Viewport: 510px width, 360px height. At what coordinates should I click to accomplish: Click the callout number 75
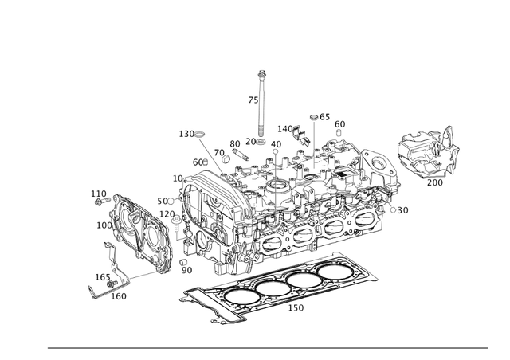click(253, 100)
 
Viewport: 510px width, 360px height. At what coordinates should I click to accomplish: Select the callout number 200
click(435, 182)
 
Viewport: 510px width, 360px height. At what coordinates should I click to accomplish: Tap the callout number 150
click(296, 307)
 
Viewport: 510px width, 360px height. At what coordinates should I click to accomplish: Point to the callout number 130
click(186, 134)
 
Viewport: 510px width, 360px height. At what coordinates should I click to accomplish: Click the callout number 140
click(285, 128)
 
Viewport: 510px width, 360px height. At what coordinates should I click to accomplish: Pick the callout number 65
click(325, 117)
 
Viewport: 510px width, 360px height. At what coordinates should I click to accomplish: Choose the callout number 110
click(98, 194)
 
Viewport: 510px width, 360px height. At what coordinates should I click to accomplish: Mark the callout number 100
click(104, 225)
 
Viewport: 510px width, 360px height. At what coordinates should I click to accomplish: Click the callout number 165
click(103, 277)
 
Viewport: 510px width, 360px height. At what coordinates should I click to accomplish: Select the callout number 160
click(118, 296)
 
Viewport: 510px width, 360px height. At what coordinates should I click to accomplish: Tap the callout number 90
click(186, 271)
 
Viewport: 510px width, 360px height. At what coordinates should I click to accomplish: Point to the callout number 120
click(167, 214)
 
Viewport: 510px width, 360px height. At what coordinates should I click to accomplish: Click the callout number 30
click(402, 210)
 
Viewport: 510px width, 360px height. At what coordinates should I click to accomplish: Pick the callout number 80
click(235, 144)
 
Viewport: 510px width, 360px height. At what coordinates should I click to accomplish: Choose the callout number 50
click(163, 201)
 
